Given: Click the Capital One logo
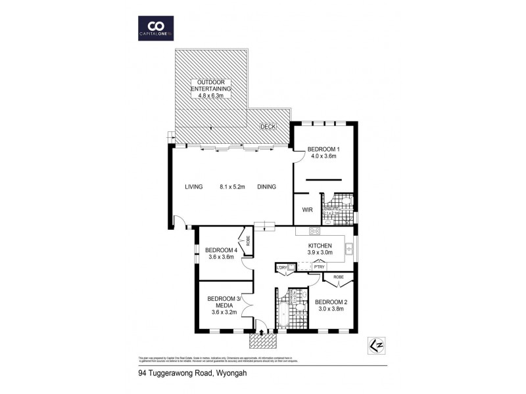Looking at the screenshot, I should [156, 27].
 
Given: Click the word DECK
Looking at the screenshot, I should [268, 126].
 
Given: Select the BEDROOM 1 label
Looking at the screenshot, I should [323, 148].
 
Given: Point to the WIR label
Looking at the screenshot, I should [307, 210].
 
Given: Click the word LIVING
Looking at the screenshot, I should [194, 186].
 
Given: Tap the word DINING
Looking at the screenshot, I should [266, 186].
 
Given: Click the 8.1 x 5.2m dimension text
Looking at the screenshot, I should [232, 186].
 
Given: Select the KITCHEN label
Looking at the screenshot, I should [321, 245].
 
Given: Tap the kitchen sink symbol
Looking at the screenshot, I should [350, 248].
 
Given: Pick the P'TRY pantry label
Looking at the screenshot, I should [320, 266].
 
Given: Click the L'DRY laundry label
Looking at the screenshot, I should [282, 267].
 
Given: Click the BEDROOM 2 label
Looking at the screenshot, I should [330, 302].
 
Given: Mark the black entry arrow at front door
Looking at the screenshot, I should [262, 332].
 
